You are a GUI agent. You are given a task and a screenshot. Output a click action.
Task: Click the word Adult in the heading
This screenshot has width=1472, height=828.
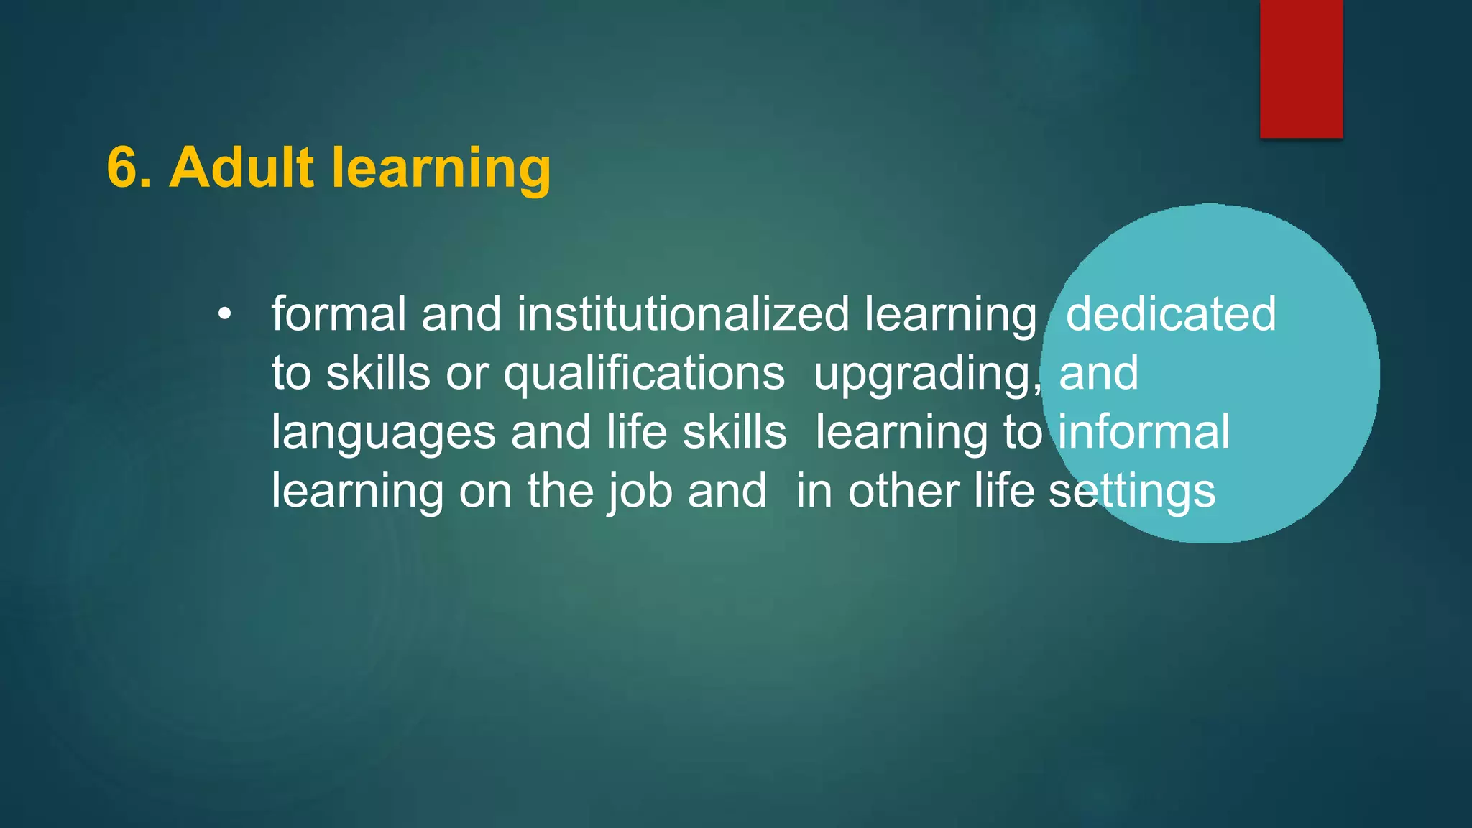point(241,168)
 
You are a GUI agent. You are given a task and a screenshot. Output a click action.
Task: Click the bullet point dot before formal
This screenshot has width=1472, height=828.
point(225,315)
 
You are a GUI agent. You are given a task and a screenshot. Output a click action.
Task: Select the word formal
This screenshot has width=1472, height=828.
point(339,315)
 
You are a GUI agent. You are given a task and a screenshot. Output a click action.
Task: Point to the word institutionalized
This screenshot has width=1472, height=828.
point(683,315)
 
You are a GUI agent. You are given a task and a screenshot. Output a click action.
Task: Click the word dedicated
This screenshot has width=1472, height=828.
point(1170,315)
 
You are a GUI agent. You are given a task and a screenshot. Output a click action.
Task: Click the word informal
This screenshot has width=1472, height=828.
point(1144,433)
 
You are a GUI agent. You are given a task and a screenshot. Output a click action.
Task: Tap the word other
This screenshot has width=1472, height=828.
point(903,492)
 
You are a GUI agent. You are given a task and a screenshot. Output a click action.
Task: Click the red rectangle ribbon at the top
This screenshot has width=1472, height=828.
point(1301,68)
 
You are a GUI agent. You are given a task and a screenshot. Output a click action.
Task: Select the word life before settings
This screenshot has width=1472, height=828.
point(1004,492)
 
